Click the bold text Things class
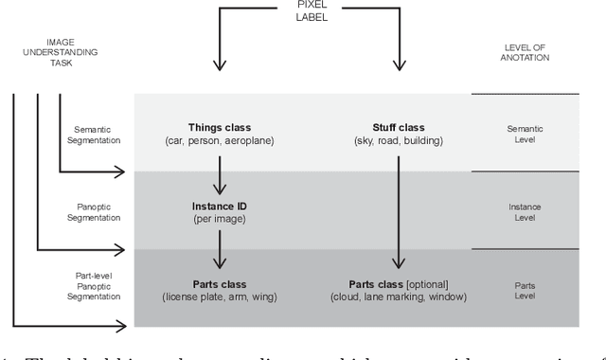click(220, 128)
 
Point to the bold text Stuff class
click(399, 128)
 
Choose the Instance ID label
click(220, 205)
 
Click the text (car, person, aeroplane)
click(220, 141)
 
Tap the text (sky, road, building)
click(399, 141)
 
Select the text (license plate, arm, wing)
click(220, 297)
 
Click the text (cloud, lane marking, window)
click(399, 297)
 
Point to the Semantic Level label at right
click(525, 134)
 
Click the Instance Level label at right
click(525, 211)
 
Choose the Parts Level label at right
click(525, 289)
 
